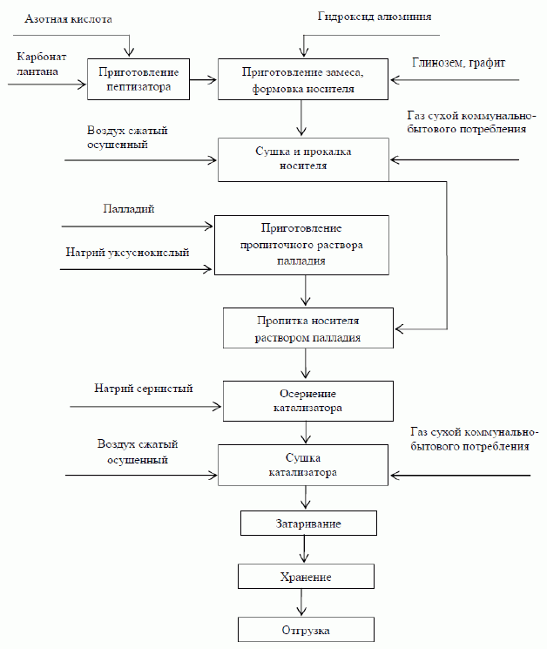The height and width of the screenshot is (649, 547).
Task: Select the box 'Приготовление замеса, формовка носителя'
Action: (301, 79)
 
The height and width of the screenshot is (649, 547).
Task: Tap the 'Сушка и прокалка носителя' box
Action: (303, 159)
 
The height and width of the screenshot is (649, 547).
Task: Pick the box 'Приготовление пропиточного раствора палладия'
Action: (301, 245)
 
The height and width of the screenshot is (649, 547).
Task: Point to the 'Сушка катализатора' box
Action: (303, 465)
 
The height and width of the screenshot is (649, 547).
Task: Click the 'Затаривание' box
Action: (309, 524)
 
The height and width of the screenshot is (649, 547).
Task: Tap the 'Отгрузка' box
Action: (306, 629)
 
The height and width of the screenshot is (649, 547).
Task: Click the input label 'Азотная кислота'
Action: (69, 18)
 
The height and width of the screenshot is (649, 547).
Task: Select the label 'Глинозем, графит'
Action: (458, 63)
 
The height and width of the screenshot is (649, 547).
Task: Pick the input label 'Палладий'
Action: (129, 210)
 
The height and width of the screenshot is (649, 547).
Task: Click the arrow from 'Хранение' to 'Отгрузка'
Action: (303, 603)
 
